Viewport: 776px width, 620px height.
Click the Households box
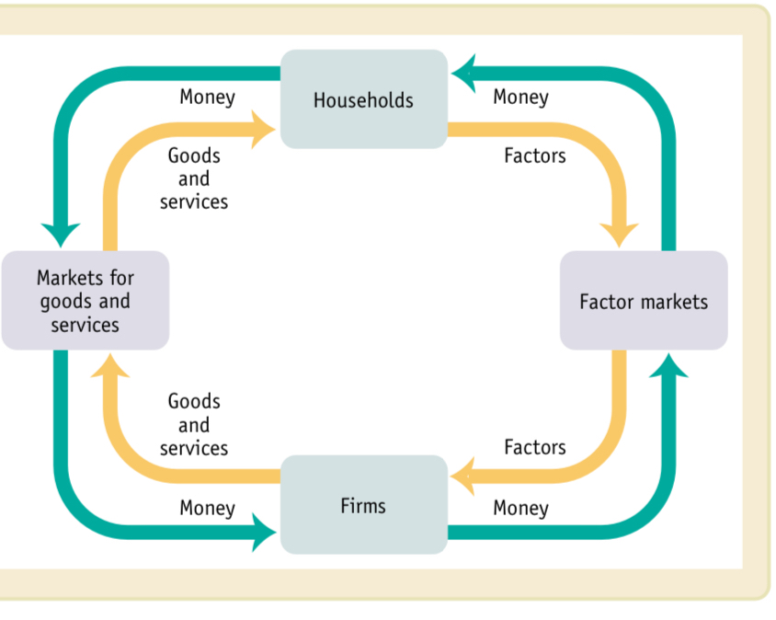[363, 99]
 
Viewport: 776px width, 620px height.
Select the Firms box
[363, 505]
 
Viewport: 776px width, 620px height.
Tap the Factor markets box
[644, 301]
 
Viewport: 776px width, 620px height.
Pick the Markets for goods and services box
[85, 301]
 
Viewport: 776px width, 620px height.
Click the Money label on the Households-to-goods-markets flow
[207, 97]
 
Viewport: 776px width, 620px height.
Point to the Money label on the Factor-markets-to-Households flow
[520, 97]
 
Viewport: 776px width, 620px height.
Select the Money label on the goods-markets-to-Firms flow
[207, 508]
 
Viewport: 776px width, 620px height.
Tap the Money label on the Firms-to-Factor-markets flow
[520, 508]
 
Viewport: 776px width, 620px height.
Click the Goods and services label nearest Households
[194, 178]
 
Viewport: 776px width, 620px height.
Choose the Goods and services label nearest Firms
[194, 425]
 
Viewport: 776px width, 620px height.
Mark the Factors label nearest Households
[534, 155]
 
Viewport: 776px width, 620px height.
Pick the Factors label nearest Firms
[534, 447]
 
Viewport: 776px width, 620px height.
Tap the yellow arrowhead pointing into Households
[262, 129]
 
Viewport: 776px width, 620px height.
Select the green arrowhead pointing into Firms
[263, 531]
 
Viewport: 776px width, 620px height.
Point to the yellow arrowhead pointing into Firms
[463, 476]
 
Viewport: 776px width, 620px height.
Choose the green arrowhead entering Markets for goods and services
[61, 234]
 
